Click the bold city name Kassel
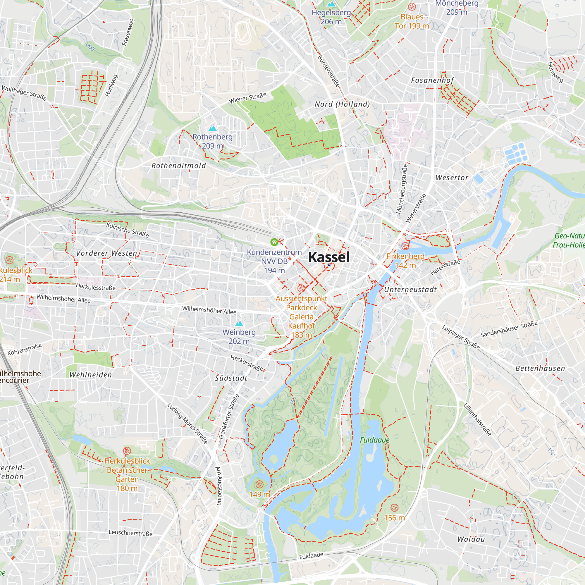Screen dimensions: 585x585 pyautogui.click(x=329, y=257)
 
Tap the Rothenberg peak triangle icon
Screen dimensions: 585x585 pyautogui.click(x=213, y=128)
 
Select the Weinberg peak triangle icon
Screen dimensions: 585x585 pyautogui.click(x=239, y=324)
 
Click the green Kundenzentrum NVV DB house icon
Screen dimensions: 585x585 pyautogui.click(x=274, y=242)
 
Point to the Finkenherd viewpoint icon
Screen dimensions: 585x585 pyautogui.click(x=405, y=246)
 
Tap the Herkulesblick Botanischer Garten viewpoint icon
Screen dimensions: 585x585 pyautogui.click(x=127, y=451)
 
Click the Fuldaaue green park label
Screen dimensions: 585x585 pyautogui.click(x=375, y=440)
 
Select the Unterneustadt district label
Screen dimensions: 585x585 pyautogui.click(x=410, y=290)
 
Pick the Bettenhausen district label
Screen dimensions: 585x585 pyautogui.click(x=540, y=369)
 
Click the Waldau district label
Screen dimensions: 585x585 pyautogui.click(x=471, y=539)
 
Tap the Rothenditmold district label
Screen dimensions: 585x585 pyautogui.click(x=179, y=166)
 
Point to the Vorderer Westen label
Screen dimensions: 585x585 pyautogui.click(x=106, y=253)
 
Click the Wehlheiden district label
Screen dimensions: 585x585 pyautogui.click(x=91, y=375)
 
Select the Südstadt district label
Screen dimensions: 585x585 pyautogui.click(x=231, y=378)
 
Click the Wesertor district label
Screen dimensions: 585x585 pyautogui.click(x=452, y=178)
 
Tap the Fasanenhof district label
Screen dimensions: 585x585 pyautogui.click(x=432, y=80)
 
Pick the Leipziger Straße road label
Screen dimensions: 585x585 pyautogui.click(x=461, y=337)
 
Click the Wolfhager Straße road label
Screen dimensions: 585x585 pyautogui.click(x=24, y=93)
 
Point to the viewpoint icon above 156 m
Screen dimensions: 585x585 pyautogui.click(x=394, y=507)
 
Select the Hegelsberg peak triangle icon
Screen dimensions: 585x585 pyautogui.click(x=331, y=4)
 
